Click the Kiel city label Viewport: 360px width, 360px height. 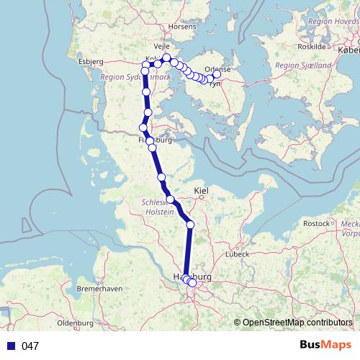pos(201,190)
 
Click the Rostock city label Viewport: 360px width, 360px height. pos(316,224)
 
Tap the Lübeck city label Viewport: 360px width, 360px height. pos(236,253)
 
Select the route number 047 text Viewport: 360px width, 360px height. pos(30,346)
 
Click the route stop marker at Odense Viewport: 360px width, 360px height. pos(217,74)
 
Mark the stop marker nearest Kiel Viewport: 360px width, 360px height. pos(190,225)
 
